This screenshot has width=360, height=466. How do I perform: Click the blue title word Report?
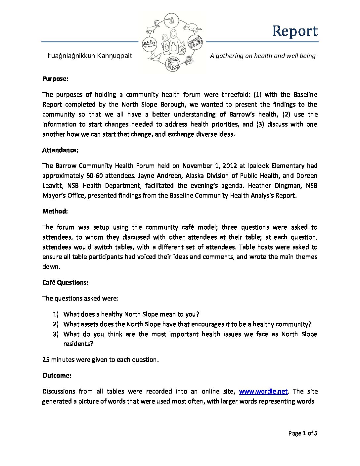click(x=295, y=31)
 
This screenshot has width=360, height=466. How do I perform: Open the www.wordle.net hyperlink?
click(x=263, y=391)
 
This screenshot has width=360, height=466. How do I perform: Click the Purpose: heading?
click(x=55, y=79)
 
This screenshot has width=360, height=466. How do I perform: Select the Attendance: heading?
click(x=60, y=150)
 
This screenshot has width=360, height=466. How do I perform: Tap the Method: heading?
click(x=55, y=211)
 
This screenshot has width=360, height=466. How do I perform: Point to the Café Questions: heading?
click(x=65, y=282)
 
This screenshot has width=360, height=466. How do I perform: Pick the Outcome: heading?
click(x=57, y=375)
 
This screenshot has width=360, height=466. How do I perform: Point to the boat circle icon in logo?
click(x=149, y=44)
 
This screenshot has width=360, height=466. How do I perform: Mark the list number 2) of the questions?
click(x=56, y=324)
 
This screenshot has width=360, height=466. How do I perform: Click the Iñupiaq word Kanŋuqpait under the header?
click(x=114, y=56)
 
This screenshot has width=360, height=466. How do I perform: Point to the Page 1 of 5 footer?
click(x=303, y=433)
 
